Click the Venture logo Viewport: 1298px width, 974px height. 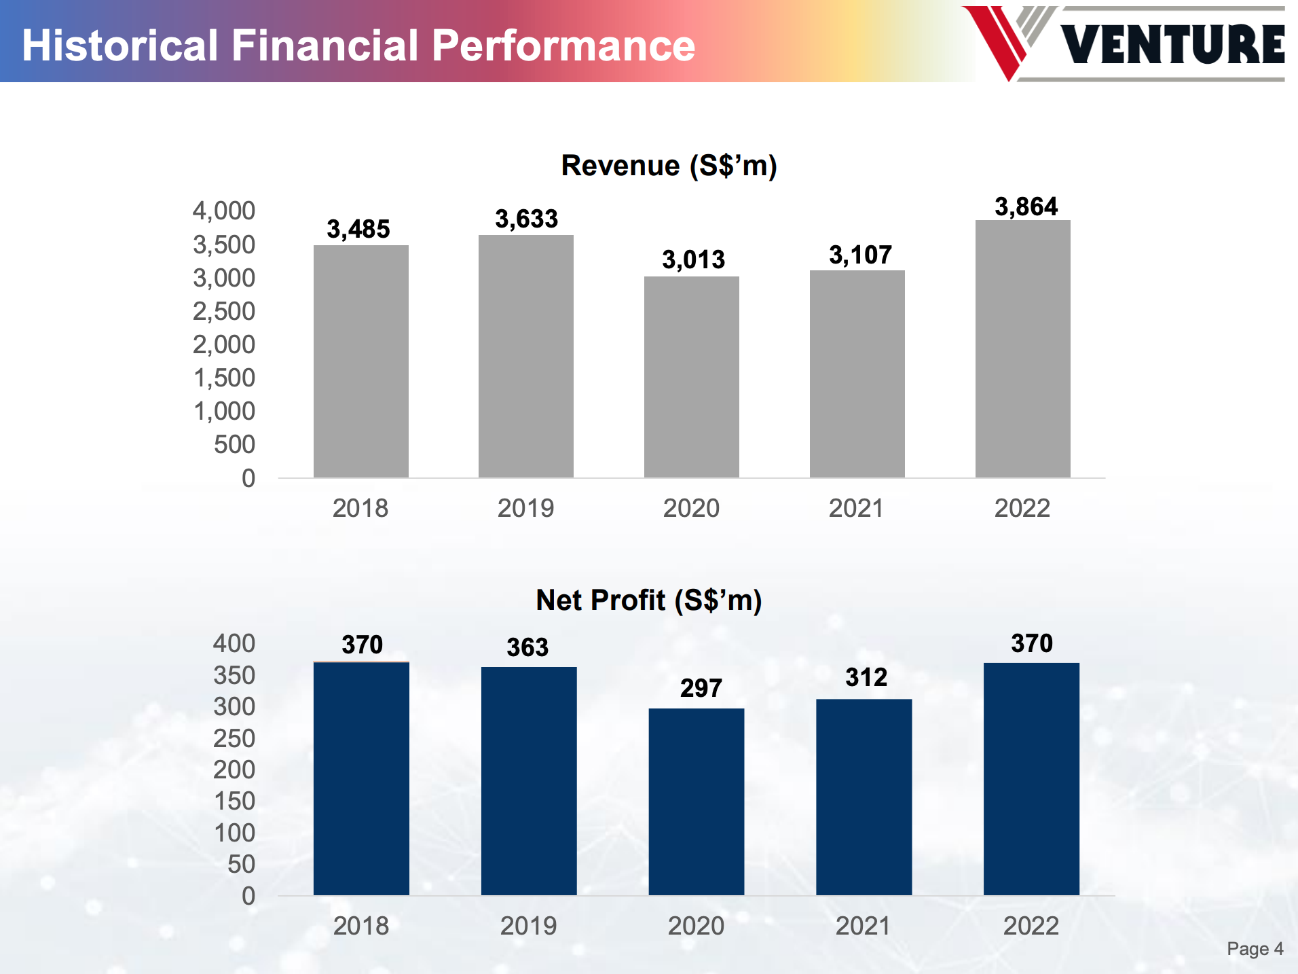1124,43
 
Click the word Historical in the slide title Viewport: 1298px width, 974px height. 119,46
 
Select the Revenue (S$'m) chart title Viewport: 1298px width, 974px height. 669,166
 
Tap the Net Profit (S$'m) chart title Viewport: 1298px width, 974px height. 648,600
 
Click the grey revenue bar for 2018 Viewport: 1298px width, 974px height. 360,361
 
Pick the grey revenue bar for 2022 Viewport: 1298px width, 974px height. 1022,348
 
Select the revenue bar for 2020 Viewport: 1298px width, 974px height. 691,377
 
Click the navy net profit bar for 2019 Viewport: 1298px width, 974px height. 529,780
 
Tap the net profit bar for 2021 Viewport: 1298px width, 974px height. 864,797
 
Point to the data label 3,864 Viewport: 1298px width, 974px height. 1026,206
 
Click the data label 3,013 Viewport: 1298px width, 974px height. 693,259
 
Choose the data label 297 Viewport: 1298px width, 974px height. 701,688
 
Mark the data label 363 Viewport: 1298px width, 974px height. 527,647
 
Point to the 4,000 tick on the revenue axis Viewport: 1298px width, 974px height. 224,211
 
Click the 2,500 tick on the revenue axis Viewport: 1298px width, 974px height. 224,312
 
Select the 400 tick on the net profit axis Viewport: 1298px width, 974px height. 234,643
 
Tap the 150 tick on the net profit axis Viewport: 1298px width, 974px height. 234,801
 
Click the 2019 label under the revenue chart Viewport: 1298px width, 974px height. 525,508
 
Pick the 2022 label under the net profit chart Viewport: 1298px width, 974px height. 1031,926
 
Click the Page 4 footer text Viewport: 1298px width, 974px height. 1255,949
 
